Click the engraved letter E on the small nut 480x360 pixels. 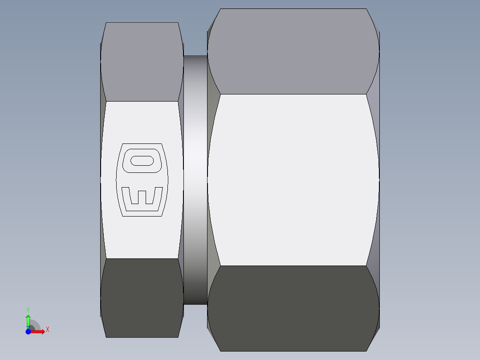pyautogui.click(x=142, y=199)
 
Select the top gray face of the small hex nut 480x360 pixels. pyautogui.click(x=142, y=62)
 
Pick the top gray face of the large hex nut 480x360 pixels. pyautogui.click(x=293, y=52)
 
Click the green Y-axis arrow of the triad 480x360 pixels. pyautogui.click(x=28, y=320)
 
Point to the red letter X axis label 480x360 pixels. pyautogui.click(x=48, y=330)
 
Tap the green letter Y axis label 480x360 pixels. pyautogui.click(x=28, y=309)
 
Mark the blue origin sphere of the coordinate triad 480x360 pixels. pyautogui.click(x=28, y=331)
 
